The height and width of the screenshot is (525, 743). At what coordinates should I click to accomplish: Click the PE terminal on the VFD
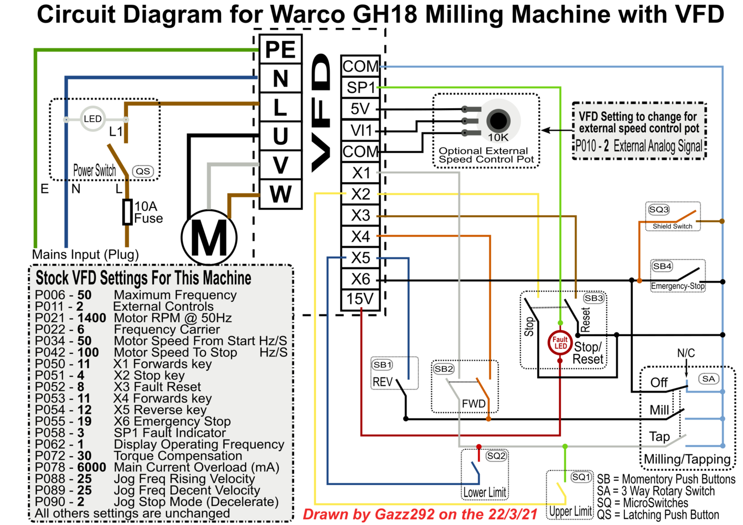coord(280,49)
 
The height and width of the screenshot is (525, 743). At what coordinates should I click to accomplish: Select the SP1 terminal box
coord(360,87)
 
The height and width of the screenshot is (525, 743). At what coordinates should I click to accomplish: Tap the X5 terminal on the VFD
coord(360,258)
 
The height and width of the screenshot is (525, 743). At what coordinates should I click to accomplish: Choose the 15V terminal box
coord(360,299)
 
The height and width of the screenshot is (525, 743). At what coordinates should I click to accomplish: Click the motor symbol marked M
coord(209,238)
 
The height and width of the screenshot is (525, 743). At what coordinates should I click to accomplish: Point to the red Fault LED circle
coord(560,343)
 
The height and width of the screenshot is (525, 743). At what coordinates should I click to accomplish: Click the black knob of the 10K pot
coord(498,121)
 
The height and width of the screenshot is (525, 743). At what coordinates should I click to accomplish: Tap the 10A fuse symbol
coord(127,212)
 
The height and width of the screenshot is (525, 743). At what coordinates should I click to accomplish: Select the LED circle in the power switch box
coord(92,119)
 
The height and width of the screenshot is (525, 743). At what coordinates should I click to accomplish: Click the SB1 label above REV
coord(382,365)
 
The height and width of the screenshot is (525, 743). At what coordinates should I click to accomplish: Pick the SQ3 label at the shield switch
coord(658,209)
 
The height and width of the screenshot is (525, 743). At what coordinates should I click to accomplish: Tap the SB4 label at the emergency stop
coord(662,266)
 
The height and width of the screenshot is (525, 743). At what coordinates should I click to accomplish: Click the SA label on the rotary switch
coord(708,379)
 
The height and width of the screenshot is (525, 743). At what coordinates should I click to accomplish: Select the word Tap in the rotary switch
coord(659,437)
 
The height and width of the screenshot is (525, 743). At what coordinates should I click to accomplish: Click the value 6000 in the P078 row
coord(91,467)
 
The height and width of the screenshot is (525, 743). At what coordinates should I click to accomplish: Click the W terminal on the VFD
coord(280,194)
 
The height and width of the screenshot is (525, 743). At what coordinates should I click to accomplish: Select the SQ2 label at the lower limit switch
coord(496,456)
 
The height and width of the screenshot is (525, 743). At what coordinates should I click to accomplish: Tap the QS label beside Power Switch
coord(143,171)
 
